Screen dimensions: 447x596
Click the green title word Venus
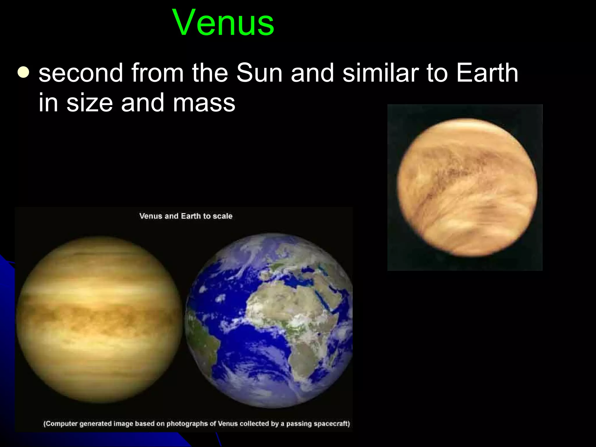[223, 23]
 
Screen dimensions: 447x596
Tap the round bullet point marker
[23, 72]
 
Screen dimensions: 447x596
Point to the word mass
[204, 103]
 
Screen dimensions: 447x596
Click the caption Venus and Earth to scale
[186, 216]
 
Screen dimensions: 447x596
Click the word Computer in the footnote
[61, 424]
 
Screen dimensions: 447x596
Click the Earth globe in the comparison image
[269, 320]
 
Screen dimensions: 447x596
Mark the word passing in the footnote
[298, 424]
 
